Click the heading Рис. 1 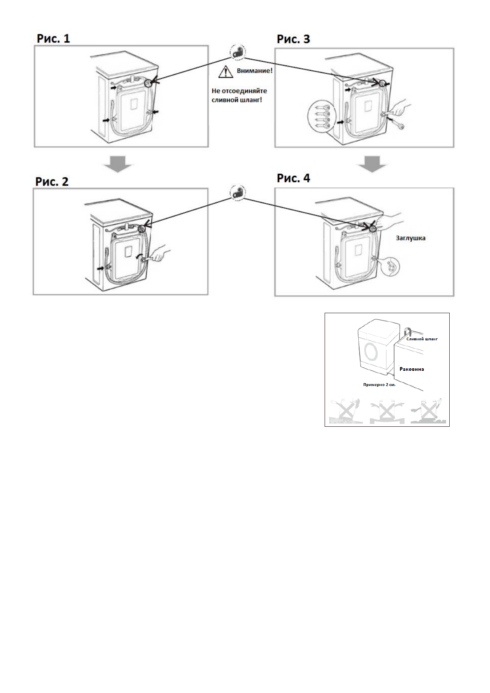[x=53, y=39]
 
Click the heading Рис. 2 [x=52, y=181]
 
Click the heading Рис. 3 [x=293, y=39]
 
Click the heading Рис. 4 [x=293, y=178]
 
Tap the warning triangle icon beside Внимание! [x=225, y=72]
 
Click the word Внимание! [x=254, y=71]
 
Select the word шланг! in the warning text [x=251, y=100]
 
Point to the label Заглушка [x=411, y=238]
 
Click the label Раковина [x=412, y=369]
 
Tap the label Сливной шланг [x=422, y=339]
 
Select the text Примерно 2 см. [x=379, y=385]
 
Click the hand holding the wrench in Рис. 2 [x=160, y=254]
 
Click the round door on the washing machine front [x=372, y=352]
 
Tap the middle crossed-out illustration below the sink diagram [x=387, y=411]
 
